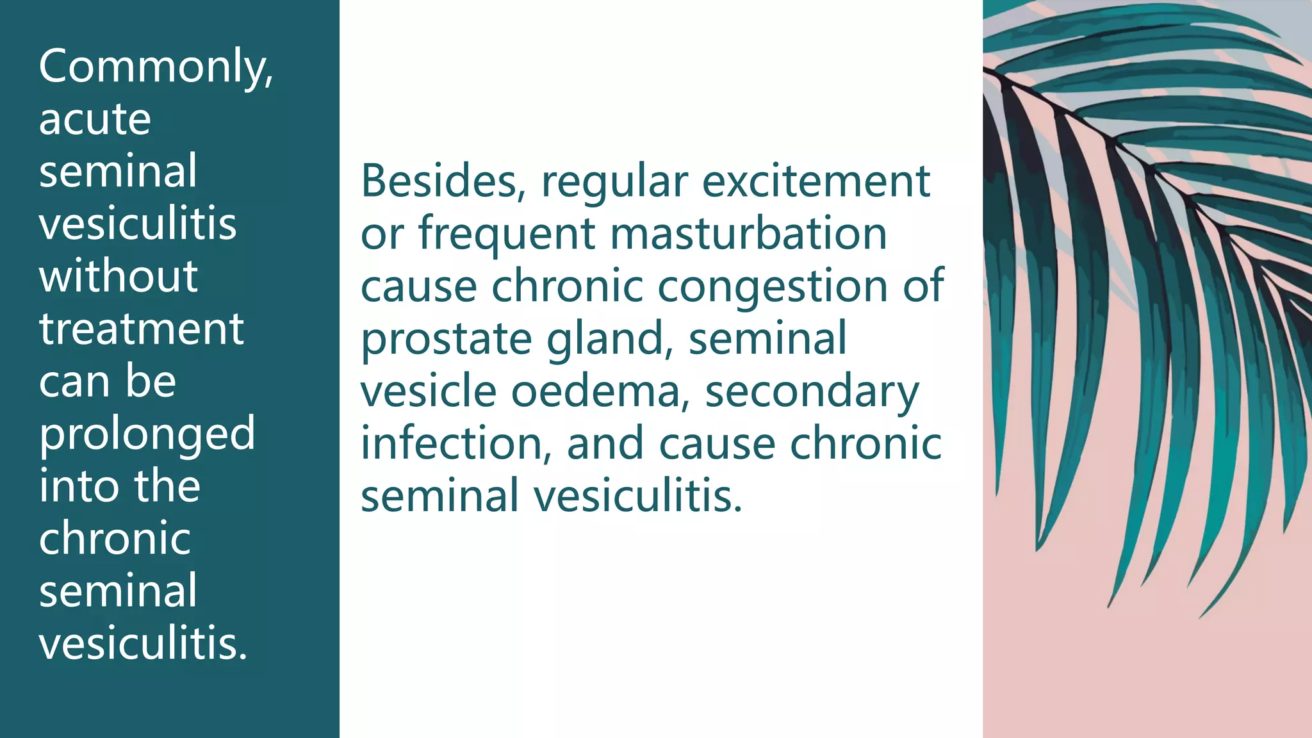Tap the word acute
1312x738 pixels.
coord(95,119)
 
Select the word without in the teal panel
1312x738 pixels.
coord(119,277)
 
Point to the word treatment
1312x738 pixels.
coord(142,329)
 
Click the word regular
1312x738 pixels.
coord(614,183)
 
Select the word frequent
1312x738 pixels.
coord(507,235)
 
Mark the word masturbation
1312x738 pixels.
coord(748,234)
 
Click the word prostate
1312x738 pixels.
coord(446,340)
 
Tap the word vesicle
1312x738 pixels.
coord(429,391)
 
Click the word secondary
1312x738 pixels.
coord(812,393)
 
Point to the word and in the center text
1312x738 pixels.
coord(605,444)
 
